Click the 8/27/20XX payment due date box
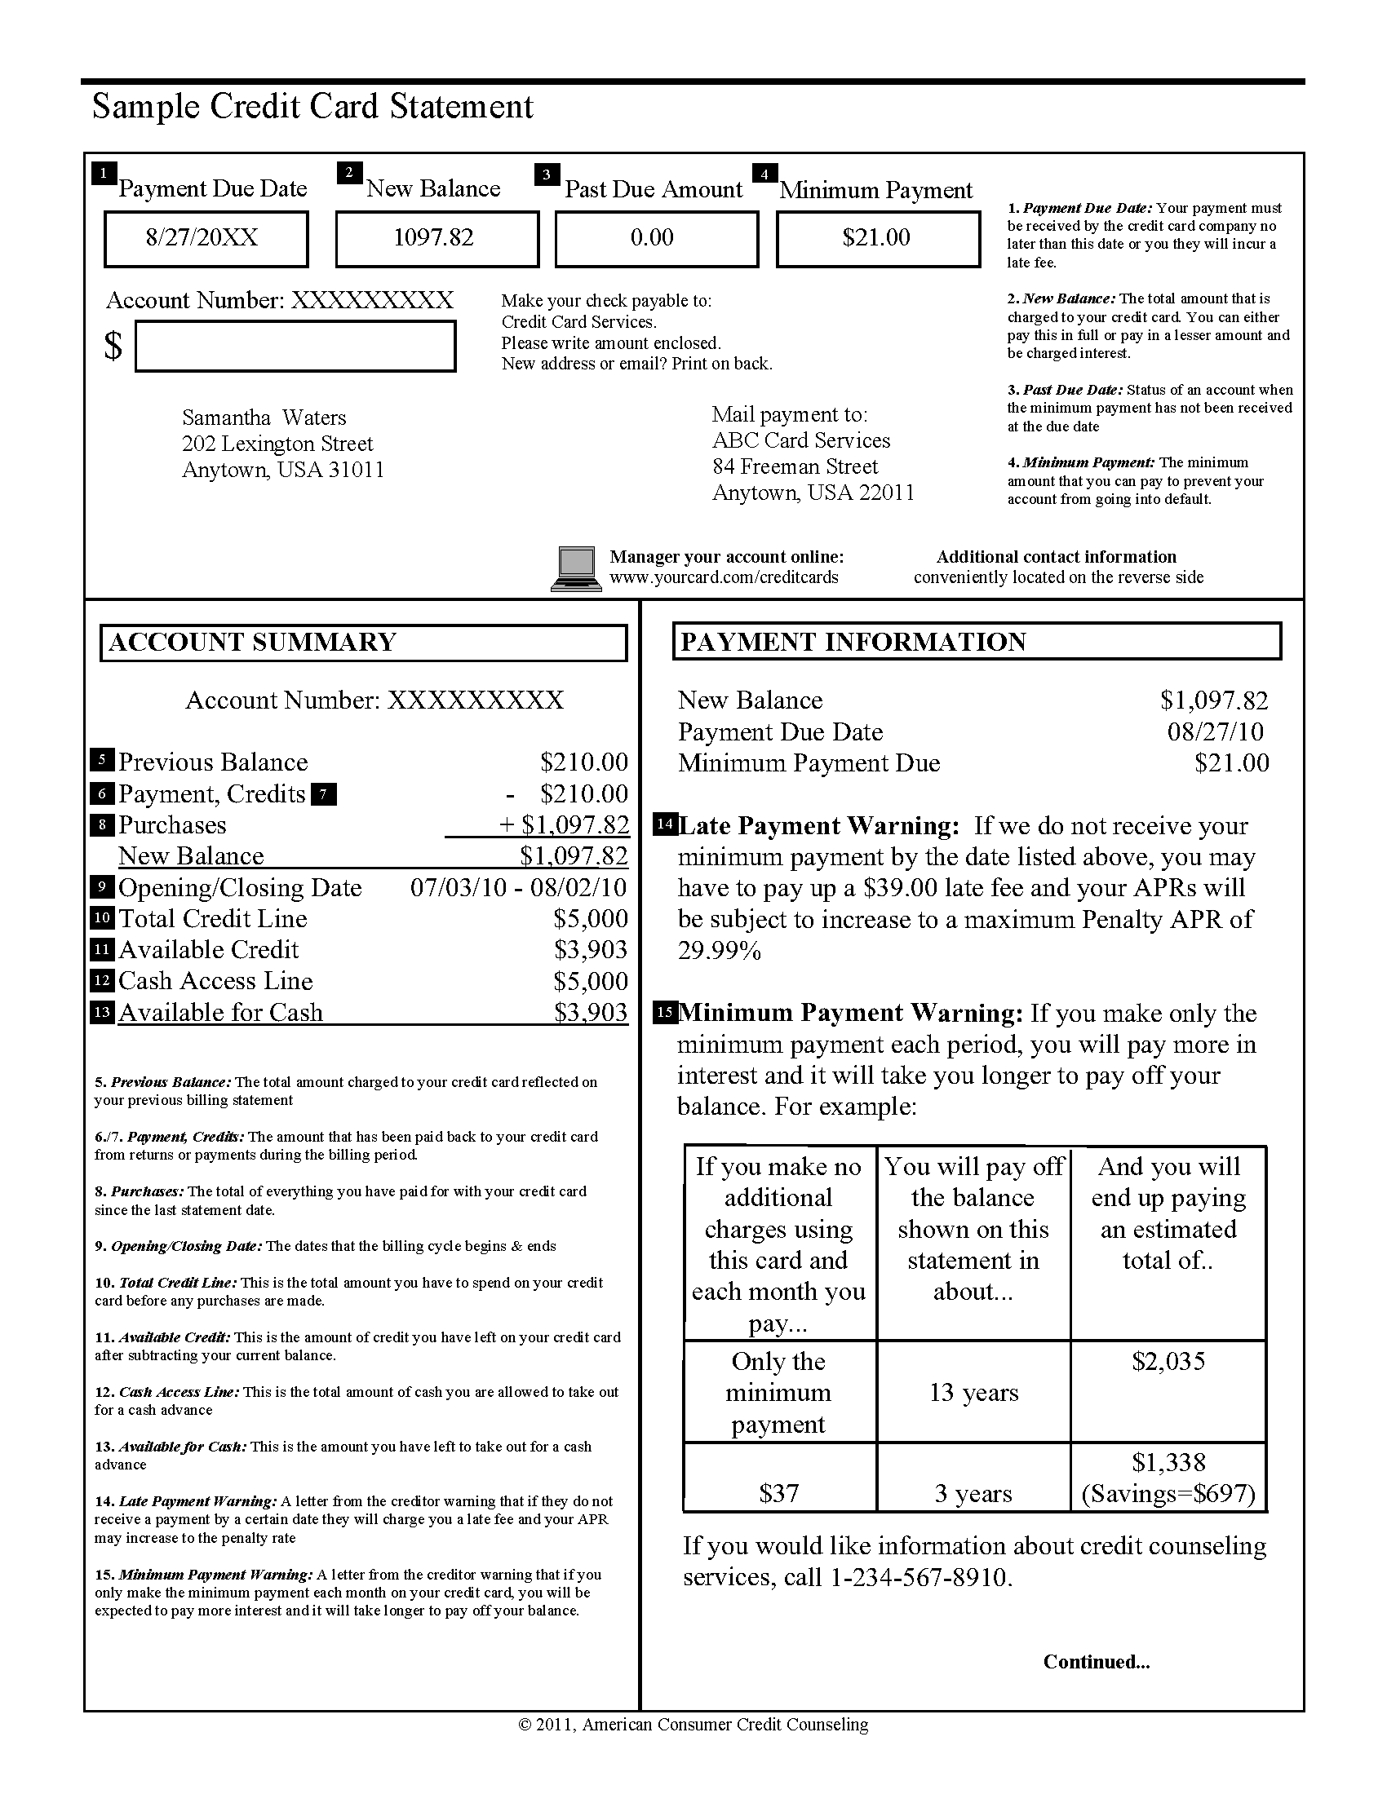click(x=206, y=239)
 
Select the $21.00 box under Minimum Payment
click(x=878, y=239)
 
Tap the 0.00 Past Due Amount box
click(x=656, y=239)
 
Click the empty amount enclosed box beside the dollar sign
click(x=295, y=346)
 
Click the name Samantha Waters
click(x=264, y=418)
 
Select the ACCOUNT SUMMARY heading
click(x=252, y=642)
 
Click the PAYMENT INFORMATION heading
click(x=853, y=642)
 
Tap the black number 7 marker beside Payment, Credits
click(x=325, y=794)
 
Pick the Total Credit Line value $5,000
click(x=590, y=918)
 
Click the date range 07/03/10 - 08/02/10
click(x=517, y=887)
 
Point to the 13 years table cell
click(x=973, y=1393)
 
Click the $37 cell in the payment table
click(x=778, y=1493)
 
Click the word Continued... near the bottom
click(x=1096, y=1662)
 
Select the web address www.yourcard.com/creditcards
click(x=724, y=577)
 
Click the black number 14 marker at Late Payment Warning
click(x=664, y=824)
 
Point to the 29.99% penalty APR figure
click(x=719, y=951)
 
